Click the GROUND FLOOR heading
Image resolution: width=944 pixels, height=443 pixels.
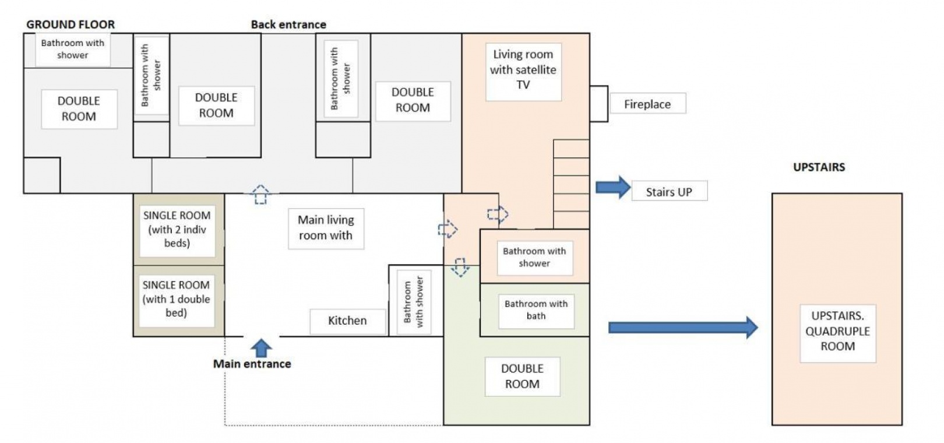(x=71, y=24)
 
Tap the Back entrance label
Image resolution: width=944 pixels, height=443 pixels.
(x=288, y=24)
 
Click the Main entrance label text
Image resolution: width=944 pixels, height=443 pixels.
(x=252, y=364)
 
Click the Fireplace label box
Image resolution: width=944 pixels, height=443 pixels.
(x=647, y=104)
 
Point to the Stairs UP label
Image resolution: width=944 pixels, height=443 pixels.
(x=669, y=192)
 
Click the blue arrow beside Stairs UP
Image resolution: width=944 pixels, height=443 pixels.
(x=612, y=187)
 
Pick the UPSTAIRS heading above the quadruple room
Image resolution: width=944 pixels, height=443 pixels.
(x=819, y=167)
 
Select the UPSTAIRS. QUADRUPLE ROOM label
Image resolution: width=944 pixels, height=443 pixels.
(x=837, y=331)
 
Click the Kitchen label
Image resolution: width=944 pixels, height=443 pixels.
(x=347, y=321)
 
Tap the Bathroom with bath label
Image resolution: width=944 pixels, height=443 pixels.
(x=536, y=310)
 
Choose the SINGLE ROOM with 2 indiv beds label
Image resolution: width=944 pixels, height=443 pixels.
(x=177, y=229)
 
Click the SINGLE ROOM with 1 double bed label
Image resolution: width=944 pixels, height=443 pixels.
(x=176, y=299)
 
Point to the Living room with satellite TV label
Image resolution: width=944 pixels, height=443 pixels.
(x=523, y=70)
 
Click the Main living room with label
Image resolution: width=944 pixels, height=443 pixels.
(x=326, y=228)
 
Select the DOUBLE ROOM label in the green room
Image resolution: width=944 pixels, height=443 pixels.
(x=522, y=377)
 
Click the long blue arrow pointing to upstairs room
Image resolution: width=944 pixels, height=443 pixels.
(x=682, y=328)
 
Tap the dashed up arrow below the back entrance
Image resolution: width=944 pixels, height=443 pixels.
(x=260, y=194)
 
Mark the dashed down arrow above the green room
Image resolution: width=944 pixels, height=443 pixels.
(x=460, y=267)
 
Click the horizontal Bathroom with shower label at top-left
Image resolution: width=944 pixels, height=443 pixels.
(x=73, y=49)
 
